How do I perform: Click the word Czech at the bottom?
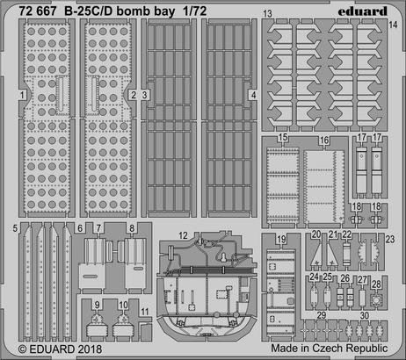tap(331, 349)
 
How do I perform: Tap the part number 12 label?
tap(184, 234)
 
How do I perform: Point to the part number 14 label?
tap(393, 25)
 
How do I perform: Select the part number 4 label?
tap(253, 94)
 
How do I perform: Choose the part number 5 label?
tap(16, 228)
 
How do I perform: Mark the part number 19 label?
tap(280, 239)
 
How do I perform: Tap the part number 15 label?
tap(283, 140)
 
